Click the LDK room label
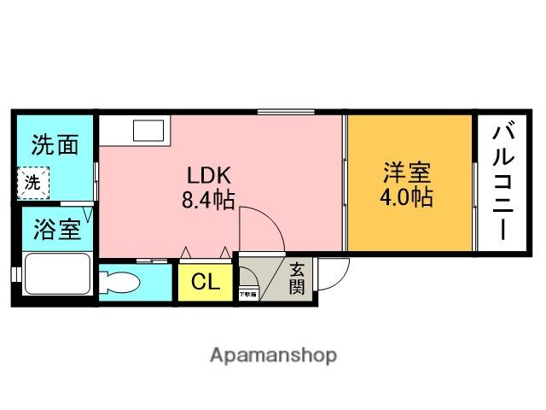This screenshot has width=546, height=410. (x=210, y=175)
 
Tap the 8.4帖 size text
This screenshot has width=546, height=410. (x=208, y=201)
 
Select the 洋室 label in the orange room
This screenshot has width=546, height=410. (x=405, y=172)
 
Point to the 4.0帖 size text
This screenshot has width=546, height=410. (x=405, y=198)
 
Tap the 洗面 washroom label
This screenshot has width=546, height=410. (x=55, y=144)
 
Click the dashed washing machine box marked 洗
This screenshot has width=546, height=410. (x=32, y=182)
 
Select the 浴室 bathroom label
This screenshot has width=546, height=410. (x=56, y=229)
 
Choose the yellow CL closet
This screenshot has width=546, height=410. (x=203, y=281)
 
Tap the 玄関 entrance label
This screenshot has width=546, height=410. (x=296, y=277)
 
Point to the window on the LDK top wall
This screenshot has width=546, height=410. (x=288, y=112)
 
